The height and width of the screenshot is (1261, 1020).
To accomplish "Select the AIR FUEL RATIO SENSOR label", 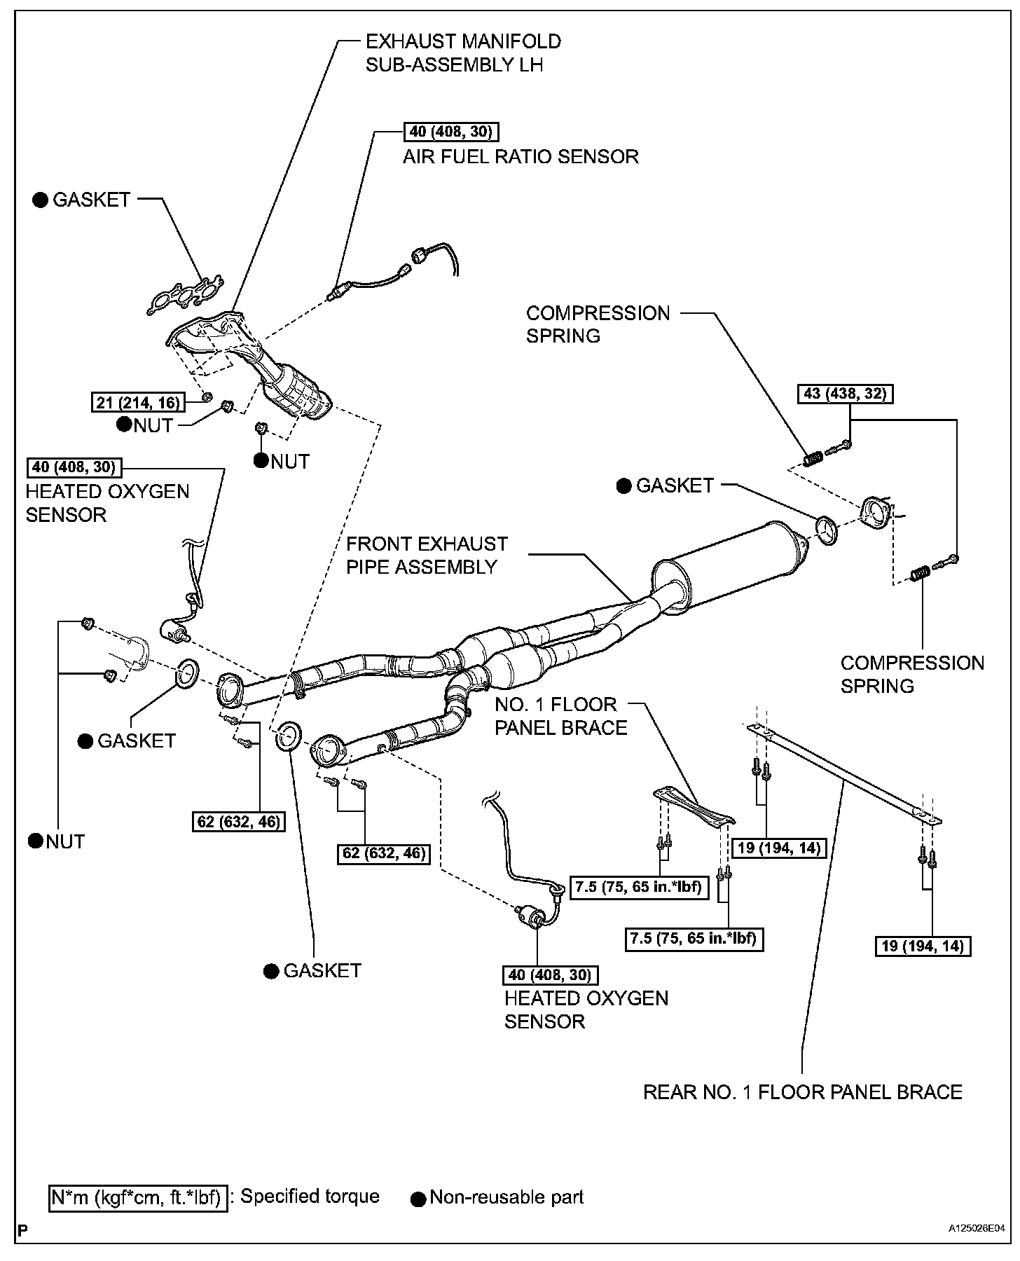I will click(521, 156).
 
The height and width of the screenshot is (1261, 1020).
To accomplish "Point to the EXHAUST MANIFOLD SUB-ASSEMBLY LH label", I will click(462, 53).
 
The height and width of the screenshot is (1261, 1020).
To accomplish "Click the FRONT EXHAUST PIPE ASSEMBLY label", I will click(427, 555).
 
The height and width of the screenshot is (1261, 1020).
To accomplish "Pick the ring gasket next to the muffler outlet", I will click(827, 530).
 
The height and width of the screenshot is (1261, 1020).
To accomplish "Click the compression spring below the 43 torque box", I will click(813, 459).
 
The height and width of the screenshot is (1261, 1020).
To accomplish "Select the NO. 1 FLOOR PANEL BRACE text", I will click(560, 716).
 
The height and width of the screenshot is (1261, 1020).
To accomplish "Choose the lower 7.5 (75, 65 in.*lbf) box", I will click(694, 938).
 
